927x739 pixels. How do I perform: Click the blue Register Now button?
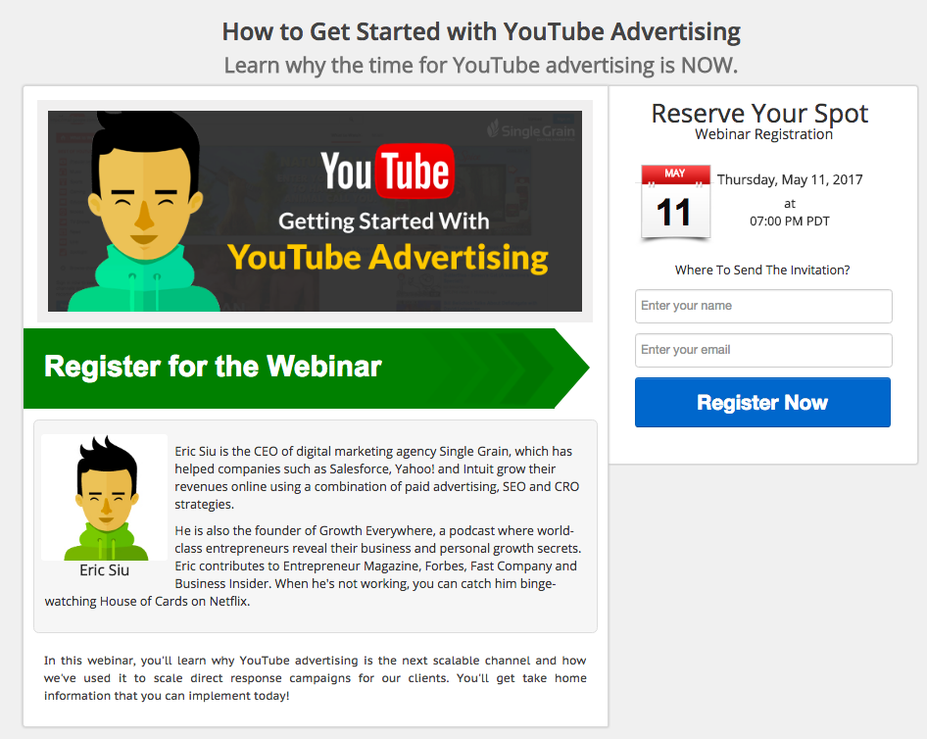[762, 403]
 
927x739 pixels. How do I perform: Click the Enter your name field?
[763, 306]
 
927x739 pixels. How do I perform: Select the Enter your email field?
[763, 350]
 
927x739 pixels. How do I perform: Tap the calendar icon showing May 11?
[676, 202]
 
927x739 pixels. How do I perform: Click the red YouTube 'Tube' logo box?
[415, 172]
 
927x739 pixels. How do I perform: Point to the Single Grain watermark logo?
[530, 130]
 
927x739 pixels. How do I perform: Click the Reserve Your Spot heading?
[759, 113]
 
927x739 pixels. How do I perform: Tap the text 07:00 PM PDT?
[789, 222]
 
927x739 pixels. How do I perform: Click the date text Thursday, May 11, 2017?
[790, 179]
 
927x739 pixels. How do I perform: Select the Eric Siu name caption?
[105, 569]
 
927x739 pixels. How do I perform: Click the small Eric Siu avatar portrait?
[105, 497]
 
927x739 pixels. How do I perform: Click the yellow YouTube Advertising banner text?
[388, 259]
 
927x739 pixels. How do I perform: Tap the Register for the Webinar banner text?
[213, 366]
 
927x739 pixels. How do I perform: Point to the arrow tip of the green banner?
[589, 368]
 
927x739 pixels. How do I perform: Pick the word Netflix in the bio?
[229, 601]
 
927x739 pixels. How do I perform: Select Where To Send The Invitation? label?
[762, 271]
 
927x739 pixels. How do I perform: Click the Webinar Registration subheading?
[763, 134]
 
